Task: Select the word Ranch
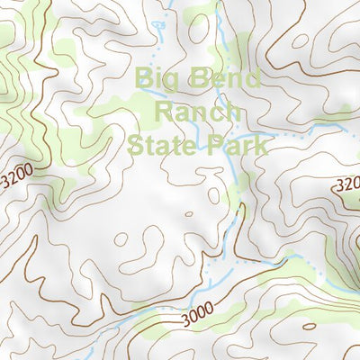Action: pos(197,112)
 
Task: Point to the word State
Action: pos(165,145)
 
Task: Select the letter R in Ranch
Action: pos(164,112)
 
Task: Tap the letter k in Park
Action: pos(262,145)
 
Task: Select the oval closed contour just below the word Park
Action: pos(213,194)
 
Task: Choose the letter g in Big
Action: pos(174,81)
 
